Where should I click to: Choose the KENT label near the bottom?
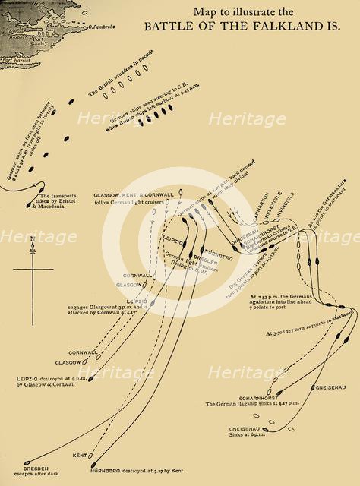click(x=79, y=455)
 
